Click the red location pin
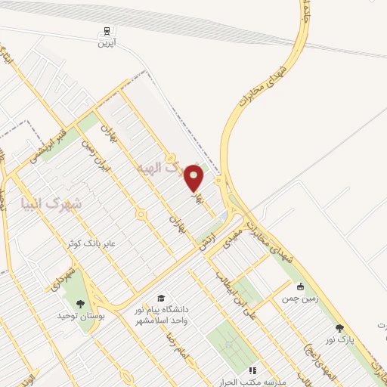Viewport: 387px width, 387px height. point(194,178)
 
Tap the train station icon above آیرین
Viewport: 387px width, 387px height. point(107,32)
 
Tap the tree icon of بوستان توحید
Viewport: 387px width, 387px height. point(81,303)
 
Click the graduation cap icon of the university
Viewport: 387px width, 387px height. point(159,299)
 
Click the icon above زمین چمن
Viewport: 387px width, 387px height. point(300,286)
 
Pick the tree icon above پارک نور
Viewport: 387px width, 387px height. point(338,328)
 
